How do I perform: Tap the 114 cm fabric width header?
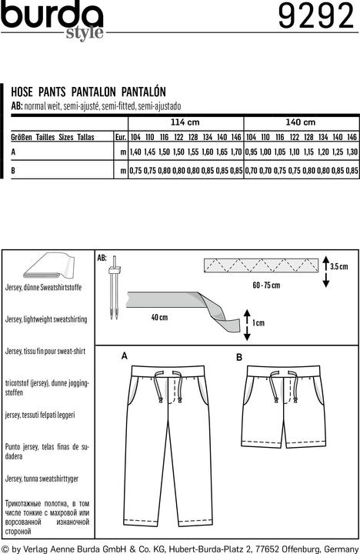(185, 122)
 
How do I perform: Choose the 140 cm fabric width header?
(301, 122)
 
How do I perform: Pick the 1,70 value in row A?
(235, 152)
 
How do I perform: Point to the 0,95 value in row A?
(251, 152)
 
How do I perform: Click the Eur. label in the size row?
(120, 137)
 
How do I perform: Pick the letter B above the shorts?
(239, 357)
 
